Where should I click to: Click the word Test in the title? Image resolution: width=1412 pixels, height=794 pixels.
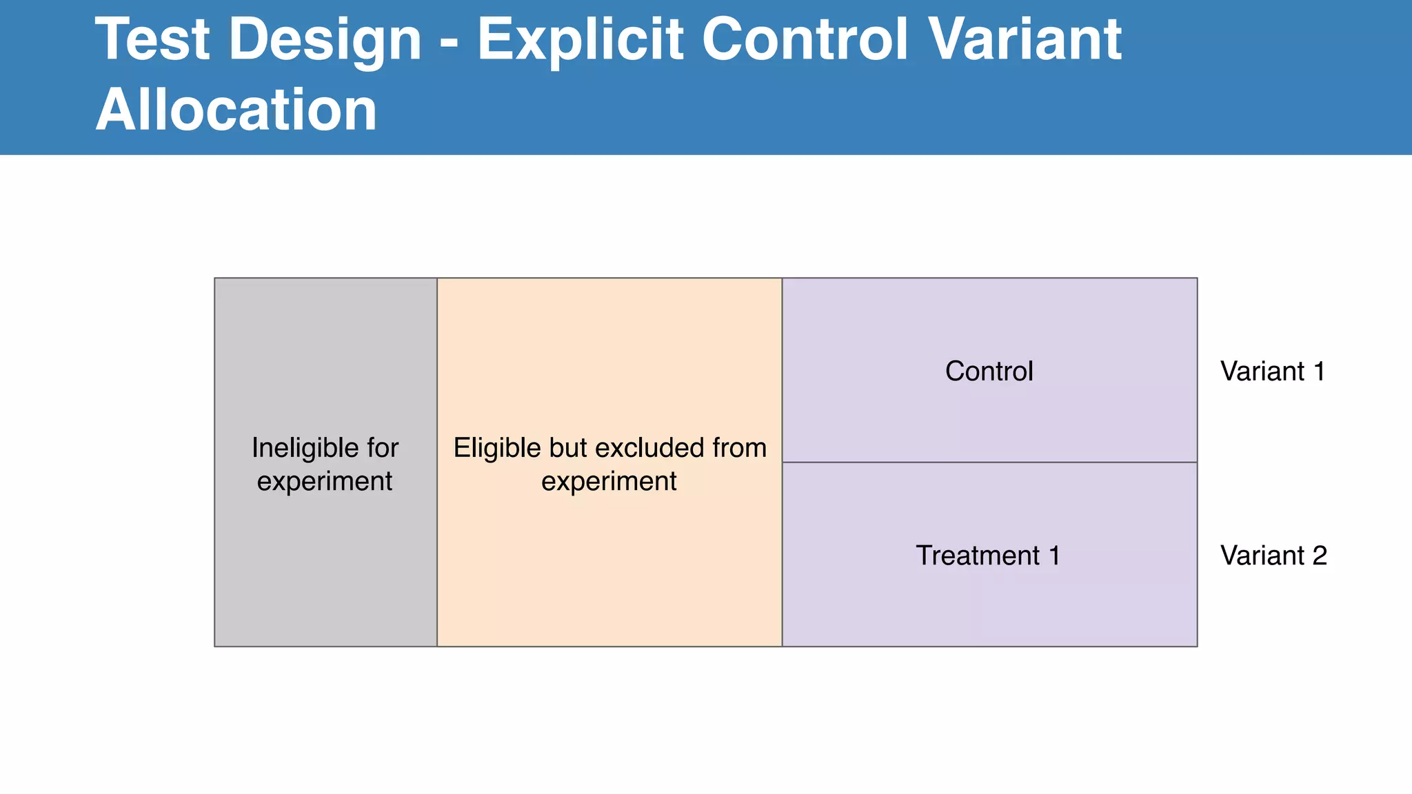[x=152, y=40]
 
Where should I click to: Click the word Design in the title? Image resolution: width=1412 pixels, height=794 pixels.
[x=324, y=40]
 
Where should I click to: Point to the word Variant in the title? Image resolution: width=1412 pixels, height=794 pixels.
[x=1025, y=40]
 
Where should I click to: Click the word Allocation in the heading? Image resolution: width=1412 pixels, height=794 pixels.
[x=236, y=110]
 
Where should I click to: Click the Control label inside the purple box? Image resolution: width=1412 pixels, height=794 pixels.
[x=989, y=371]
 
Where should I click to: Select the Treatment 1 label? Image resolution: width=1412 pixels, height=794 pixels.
[x=987, y=556]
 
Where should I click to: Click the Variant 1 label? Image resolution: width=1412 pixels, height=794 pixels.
[x=1273, y=371]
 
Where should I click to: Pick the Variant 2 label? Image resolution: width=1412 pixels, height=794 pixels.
[x=1273, y=556]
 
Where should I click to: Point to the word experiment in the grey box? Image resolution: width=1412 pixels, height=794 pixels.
[x=325, y=482]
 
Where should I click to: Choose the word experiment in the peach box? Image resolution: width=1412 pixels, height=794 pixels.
[x=609, y=482]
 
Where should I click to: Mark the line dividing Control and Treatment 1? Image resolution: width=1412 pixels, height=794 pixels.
[x=989, y=462]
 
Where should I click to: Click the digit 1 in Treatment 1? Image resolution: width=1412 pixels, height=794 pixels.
[x=1054, y=556]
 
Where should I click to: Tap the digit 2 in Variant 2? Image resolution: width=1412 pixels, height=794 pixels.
[x=1320, y=556]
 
